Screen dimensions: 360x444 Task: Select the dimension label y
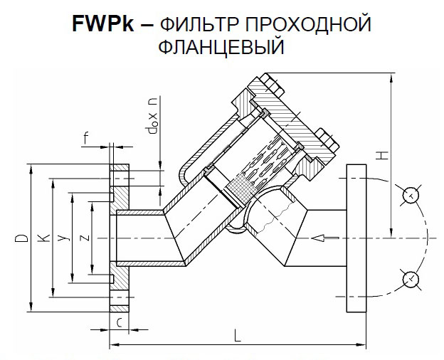click(62, 238)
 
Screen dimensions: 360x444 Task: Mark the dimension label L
click(236, 334)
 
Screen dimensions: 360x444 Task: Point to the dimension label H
click(381, 154)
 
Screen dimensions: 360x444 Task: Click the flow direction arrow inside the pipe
click(327, 238)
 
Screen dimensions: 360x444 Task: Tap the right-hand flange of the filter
click(356, 238)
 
